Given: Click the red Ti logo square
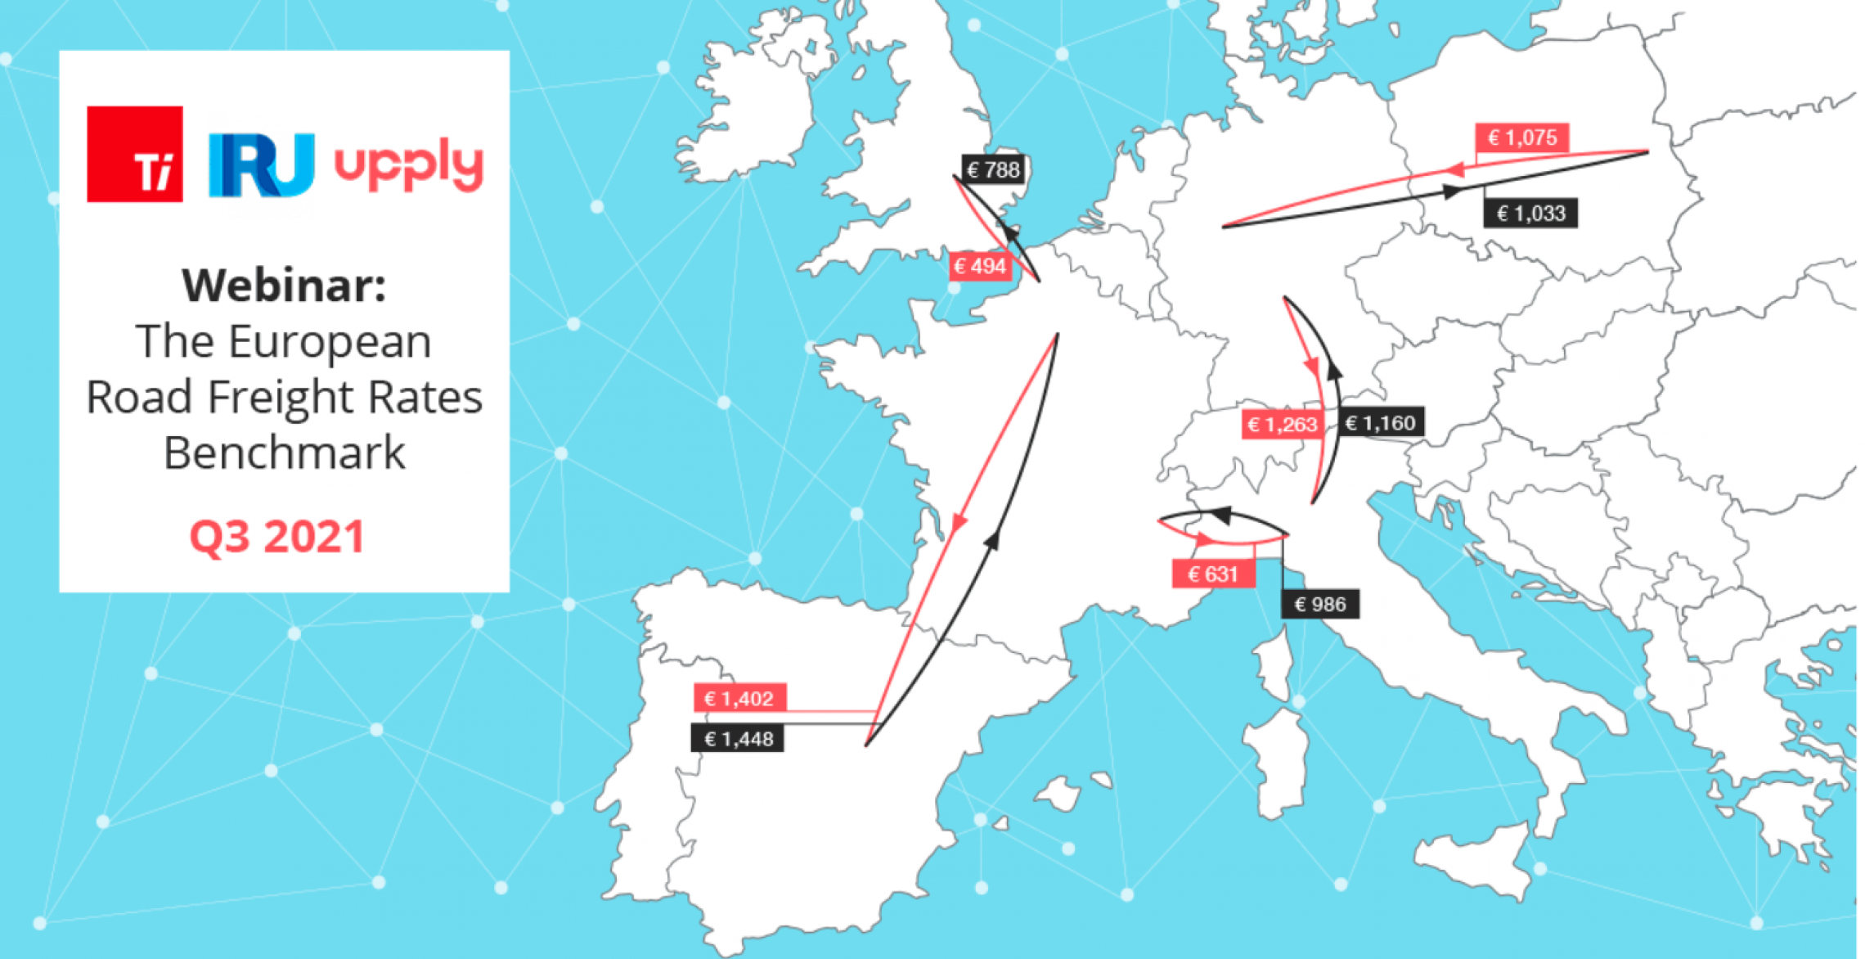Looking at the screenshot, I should [x=135, y=154].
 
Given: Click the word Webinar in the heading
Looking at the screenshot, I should [x=284, y=286].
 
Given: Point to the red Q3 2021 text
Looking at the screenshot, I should [x=276, y=538].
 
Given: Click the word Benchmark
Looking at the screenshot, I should [x=284, y=452].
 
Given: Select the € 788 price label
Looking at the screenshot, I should [x=993, y=170].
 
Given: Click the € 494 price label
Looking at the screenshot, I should [x=980, y=267].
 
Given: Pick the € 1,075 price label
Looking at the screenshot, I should [x=1521, y=137].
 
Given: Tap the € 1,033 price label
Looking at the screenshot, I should [x=1530, y=214].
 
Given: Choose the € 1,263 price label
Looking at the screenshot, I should [x=1282, y=424].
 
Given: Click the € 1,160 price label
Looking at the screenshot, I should [x=1381, y=423].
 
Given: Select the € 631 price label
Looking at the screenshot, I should [x=1213, y=574].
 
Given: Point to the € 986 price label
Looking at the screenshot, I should [x=1320, y=605].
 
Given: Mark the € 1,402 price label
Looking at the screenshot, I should [x=739, y=699].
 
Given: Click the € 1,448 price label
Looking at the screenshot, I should [x=738, y=740].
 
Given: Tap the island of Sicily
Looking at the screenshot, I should [x=1472, y=859].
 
